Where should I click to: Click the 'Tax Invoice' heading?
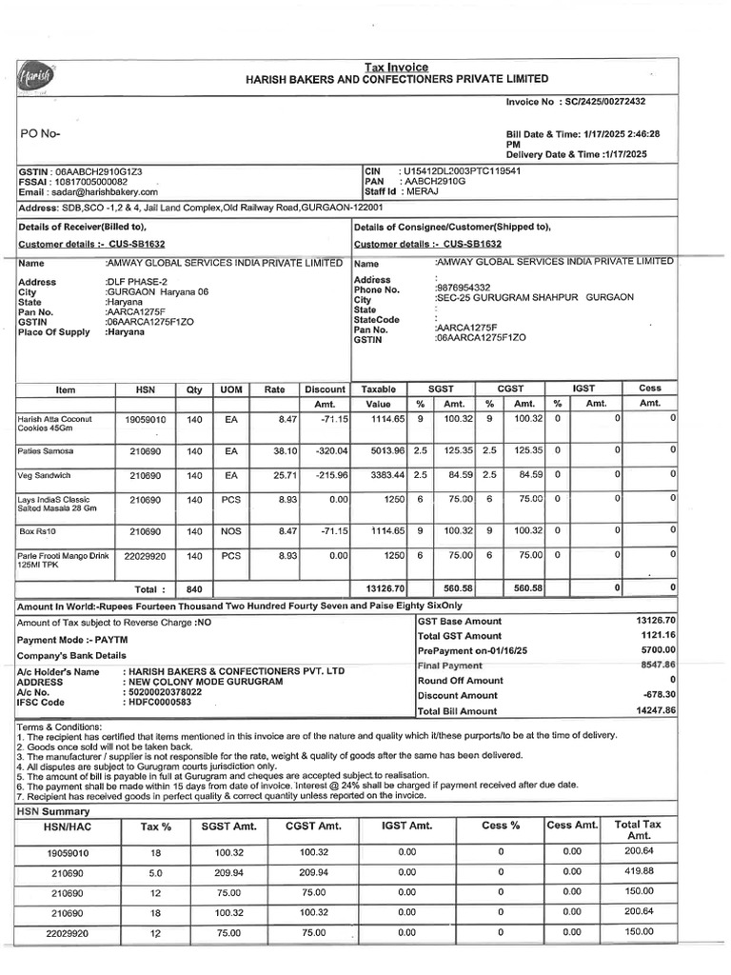(x=397, y=67)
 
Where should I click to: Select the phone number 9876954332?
(x=463, y=288)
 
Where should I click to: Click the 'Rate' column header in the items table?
(x=274, y=389)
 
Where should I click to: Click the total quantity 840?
(x=194, y=588)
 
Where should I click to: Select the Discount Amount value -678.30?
(x=658, y=695)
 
